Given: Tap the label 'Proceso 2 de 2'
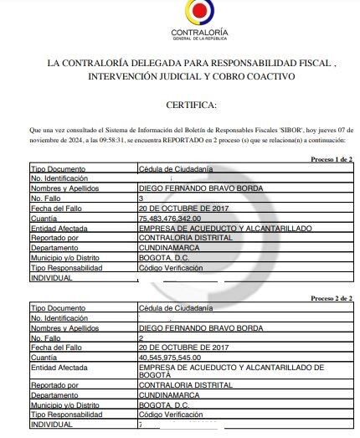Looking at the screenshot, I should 332,298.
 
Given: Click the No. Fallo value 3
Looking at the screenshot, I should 141,197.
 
